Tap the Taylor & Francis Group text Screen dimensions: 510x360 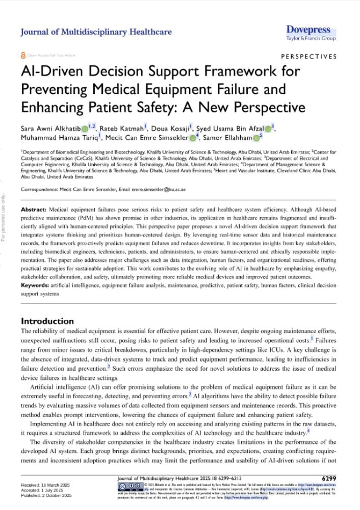(311, 38)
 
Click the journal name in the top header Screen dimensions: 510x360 (96, 32)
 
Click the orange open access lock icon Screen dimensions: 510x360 (23, 55)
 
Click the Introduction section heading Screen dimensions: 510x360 (47, 321)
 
